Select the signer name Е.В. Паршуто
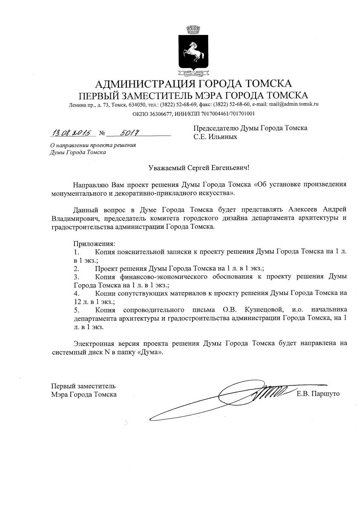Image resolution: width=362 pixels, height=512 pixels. pyautogui.click(x=318, y=394)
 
